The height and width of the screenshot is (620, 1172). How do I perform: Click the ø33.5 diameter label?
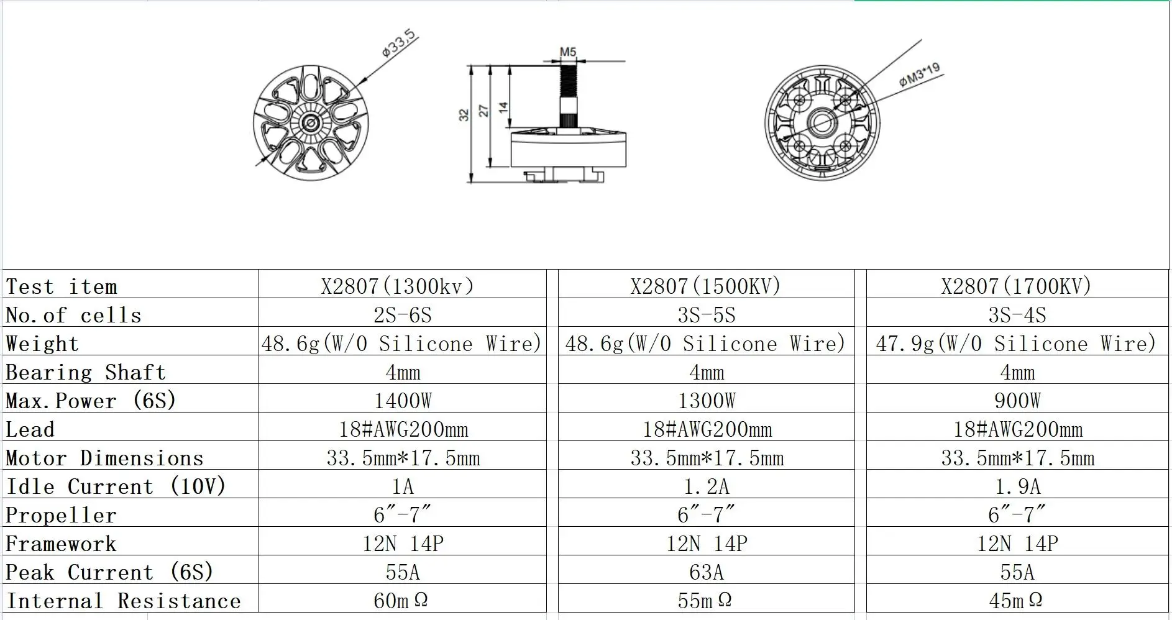(398, 43)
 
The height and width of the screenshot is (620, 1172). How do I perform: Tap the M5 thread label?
(568, 52)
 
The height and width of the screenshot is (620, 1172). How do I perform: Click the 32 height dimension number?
(464, 115)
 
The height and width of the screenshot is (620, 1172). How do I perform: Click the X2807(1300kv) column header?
(398, 286)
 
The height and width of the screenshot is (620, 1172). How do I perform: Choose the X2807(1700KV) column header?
(1016, 286)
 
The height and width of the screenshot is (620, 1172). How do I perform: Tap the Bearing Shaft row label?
(86, 372)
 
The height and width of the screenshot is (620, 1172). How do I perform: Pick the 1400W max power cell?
(403, 401)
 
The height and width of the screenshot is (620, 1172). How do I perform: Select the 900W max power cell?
(1017, 401)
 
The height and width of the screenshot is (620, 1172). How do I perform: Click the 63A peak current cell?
(706, 572)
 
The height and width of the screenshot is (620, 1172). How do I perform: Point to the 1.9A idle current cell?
(1017, 486)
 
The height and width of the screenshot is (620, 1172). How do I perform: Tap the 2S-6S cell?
(402, 315)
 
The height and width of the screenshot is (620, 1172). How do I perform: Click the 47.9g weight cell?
(1016, 344)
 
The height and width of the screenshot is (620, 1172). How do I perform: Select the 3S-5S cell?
(706, 315)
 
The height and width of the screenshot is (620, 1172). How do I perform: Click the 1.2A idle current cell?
(706, 486)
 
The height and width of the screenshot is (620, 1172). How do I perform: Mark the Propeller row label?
(61, 515)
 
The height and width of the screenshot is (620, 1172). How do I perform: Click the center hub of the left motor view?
(310, 123)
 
